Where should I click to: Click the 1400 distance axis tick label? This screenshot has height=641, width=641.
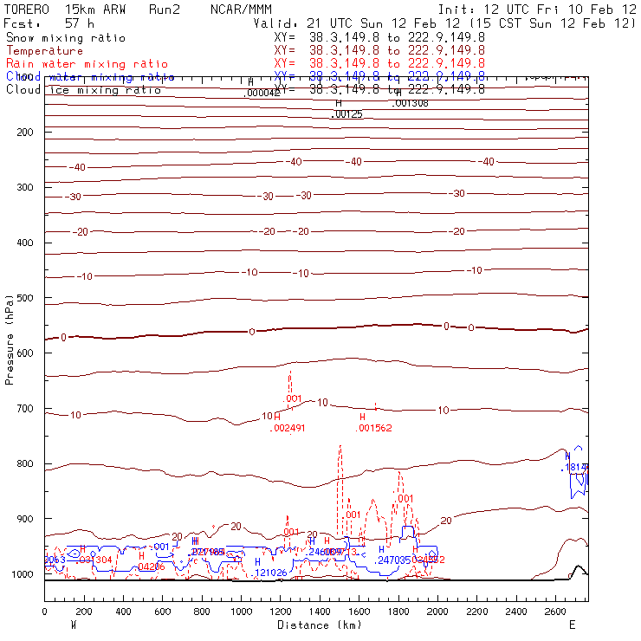click(320, 612)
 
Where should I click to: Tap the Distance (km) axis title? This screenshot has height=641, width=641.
click(320, 625)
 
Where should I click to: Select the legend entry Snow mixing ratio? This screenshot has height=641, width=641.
click(65, 38)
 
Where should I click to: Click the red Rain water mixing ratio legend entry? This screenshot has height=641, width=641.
click(76, 64)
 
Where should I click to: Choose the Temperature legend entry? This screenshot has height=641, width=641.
click(44, 51)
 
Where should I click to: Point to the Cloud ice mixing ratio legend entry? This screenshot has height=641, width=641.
click(82, 90)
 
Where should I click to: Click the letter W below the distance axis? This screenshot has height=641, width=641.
click(74, 625)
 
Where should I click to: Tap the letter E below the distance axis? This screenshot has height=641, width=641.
click(572, 625)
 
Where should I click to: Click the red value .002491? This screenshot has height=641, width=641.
click(288, 428)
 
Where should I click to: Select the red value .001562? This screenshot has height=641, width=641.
click(375, 428)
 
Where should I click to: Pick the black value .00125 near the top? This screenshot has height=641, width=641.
click(346, 114)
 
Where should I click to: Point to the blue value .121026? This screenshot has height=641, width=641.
click(270, 573)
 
